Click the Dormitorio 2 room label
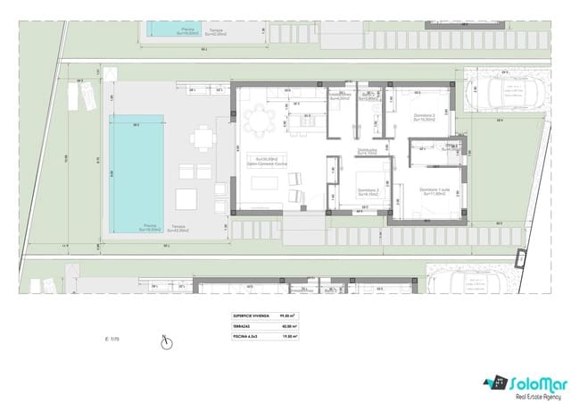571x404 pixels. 424,117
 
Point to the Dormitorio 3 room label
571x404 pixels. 368,191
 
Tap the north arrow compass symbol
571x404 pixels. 165,340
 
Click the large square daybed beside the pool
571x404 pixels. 188,197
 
